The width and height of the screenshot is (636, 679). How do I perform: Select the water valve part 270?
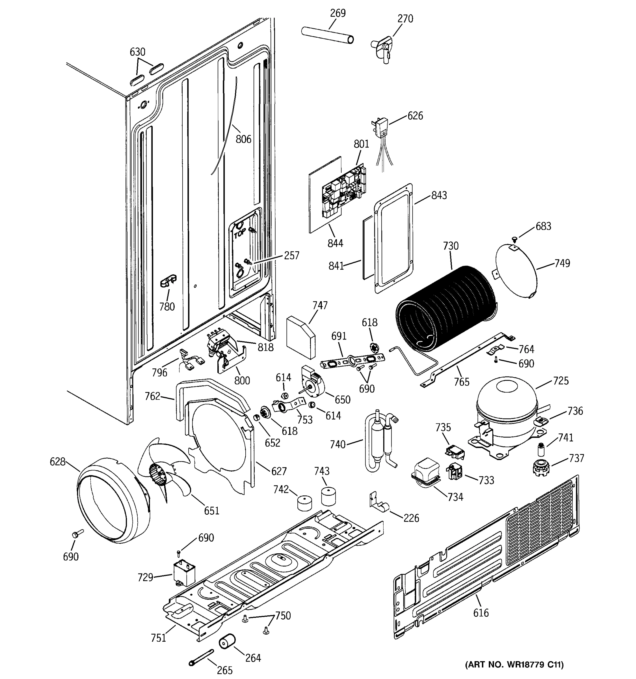(382, 48)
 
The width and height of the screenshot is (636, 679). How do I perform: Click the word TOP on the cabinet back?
(239, 234)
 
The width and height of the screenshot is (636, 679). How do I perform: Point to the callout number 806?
(243, 139)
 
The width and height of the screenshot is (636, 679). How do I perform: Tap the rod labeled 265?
(201, 657)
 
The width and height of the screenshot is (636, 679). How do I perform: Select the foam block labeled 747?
(300, 336)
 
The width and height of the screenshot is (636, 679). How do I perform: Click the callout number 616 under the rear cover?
(481, 613)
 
